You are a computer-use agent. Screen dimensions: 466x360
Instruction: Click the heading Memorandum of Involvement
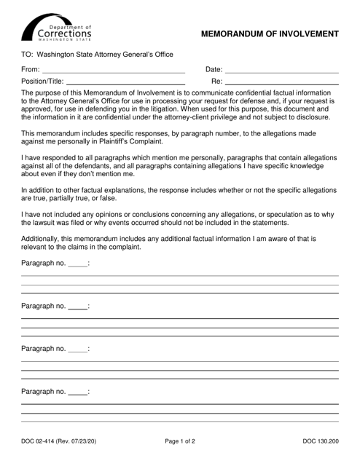tap(269, 33)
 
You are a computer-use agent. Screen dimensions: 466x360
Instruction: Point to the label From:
tap(31, 68)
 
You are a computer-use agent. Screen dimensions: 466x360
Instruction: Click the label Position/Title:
tap(43, 81)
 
